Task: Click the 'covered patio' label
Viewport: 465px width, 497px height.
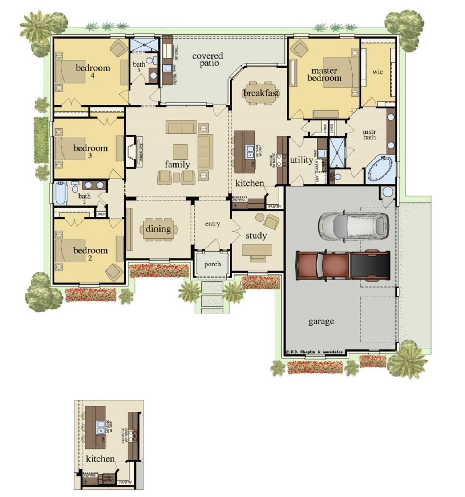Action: [x=208, y=59]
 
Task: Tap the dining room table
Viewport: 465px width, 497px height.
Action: [x=158, y=229]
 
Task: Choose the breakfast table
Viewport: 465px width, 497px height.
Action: [x=261, y=93]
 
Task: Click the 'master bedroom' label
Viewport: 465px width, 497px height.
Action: [x=324, y=74]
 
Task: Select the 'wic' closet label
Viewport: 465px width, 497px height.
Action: [x=377, y=72]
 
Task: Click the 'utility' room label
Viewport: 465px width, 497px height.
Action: [x=301, y=160]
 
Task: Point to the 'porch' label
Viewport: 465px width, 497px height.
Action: [x=212, y=264]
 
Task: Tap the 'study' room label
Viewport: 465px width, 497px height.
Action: [x=256, y=236]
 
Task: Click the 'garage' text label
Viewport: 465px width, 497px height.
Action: [x=321, y=321]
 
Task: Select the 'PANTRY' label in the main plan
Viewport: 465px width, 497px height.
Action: [x=275, y=207]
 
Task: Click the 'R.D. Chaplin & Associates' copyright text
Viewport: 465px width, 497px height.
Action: [x=314, y=352]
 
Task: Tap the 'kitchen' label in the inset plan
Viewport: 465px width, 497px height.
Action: [x=100, y=459]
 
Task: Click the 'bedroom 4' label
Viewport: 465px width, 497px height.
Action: [x=93, y=71]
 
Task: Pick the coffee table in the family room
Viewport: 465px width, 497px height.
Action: [x=181, y=152]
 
